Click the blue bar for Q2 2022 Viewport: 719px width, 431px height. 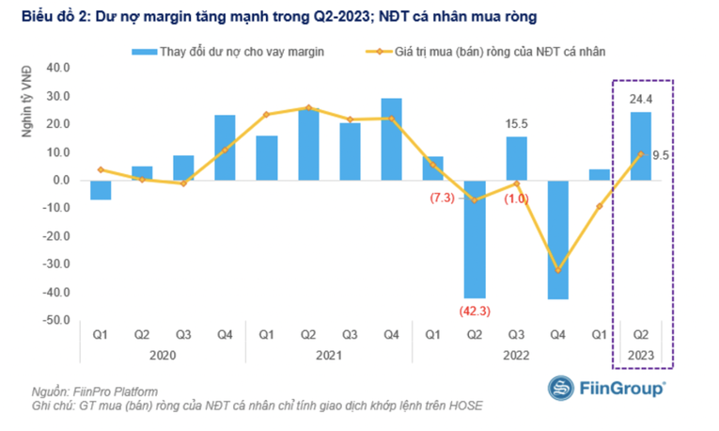tap(475, 239)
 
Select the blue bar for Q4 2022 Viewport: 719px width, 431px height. tap(557, 240)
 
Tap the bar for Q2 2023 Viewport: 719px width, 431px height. tap(641, 146)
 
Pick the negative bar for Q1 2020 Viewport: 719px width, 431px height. tap(101, 190)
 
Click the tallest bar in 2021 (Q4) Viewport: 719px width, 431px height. tap(391, 139)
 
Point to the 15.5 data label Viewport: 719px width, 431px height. tap(516, 124)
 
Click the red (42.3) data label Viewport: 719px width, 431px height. tap(475, 311)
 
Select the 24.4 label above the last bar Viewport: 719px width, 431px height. tap(641, 99)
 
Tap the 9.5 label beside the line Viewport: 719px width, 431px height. tap(661, 155)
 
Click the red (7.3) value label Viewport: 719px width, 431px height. tap(442, 198)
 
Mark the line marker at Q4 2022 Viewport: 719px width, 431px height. tap(557, 270)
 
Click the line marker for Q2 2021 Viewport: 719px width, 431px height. tap(308, 107)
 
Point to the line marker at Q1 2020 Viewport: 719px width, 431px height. tap(101, 169)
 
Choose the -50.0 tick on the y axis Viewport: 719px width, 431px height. tap(56, 320)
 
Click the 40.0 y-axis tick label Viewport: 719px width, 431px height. tap(58, 68)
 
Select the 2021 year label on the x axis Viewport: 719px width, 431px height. tap(329, 356)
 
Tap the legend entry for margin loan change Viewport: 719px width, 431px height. tap(227, 52)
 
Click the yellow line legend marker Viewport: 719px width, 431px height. tap(379, 52)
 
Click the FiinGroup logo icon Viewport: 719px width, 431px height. tap(560, 388)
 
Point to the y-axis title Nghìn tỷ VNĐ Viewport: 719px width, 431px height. tap(27, 102)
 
